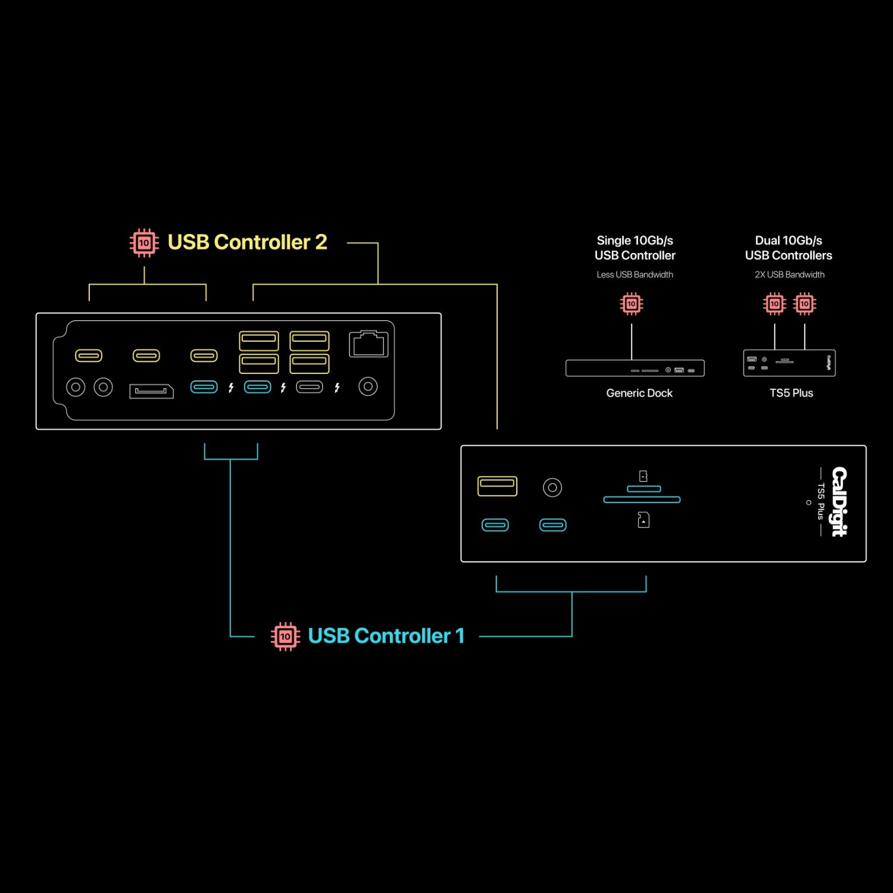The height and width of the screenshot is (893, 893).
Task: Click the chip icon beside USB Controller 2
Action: (144, 243)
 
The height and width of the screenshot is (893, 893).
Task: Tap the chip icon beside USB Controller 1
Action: (285, 636)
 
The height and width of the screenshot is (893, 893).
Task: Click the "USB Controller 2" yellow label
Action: (247, 242)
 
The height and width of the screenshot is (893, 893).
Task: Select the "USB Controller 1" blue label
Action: (386, 636)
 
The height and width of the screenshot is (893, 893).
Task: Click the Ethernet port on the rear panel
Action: (369, 344)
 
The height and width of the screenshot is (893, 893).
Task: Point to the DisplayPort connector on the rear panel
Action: (151, 391)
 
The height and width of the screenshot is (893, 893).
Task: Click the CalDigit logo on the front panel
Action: (839, 501)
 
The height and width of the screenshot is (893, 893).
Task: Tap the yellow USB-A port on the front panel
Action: (497, 486)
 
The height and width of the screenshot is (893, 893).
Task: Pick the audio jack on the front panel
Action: (552, 488)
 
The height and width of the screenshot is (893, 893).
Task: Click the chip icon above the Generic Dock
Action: (632, 304)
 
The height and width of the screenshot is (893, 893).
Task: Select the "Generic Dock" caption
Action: (639, 393)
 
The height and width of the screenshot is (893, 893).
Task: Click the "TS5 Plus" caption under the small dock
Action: (791, 393)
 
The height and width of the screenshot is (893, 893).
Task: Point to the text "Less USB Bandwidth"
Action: (635, 274)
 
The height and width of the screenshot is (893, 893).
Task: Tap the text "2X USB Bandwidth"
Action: (789, 274)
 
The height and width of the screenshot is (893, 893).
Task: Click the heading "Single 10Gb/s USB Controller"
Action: (635, 248)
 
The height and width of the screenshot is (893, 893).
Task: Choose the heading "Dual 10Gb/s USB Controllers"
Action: (788, 248)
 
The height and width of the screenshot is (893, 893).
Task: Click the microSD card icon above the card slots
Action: (643, 476)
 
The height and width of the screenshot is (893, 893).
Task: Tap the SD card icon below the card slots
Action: (643, 520)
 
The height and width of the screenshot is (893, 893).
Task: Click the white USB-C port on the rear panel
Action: (310, 387)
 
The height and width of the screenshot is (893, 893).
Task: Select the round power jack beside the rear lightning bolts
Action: (368, 387)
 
